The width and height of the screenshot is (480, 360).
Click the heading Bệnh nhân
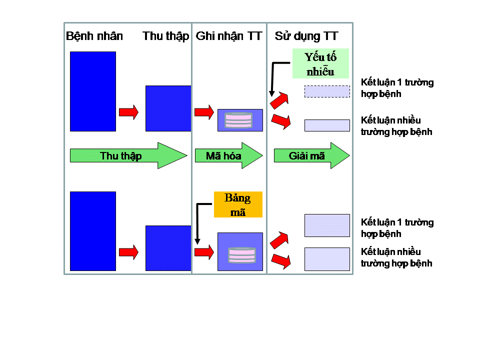[94, 36]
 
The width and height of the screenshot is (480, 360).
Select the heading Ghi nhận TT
[229, 36]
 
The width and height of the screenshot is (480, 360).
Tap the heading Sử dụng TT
[306, 36]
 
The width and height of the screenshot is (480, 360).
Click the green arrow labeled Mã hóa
[228, 155]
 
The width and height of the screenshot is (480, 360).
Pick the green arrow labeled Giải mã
[311, 155]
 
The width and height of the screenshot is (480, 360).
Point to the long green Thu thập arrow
[128, 155]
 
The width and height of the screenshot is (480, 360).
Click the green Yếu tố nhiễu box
[320, 63]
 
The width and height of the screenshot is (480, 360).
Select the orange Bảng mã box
[238, 204]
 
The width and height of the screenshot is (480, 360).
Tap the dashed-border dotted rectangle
[327, 91]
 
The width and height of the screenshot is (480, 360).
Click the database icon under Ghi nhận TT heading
[238, 120]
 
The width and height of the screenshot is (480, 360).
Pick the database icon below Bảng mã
[242, 255]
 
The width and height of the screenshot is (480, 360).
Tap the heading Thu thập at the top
[165, 36]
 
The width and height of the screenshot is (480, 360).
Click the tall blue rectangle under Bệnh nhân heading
[93, 91]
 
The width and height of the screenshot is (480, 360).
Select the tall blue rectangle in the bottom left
[93, 231]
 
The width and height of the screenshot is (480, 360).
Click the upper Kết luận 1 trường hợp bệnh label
[397, 88]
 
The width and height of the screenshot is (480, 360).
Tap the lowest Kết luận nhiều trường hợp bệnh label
[396, 257]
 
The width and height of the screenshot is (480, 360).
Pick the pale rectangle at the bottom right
[327, 259]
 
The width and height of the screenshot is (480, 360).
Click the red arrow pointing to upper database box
[204, 112]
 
